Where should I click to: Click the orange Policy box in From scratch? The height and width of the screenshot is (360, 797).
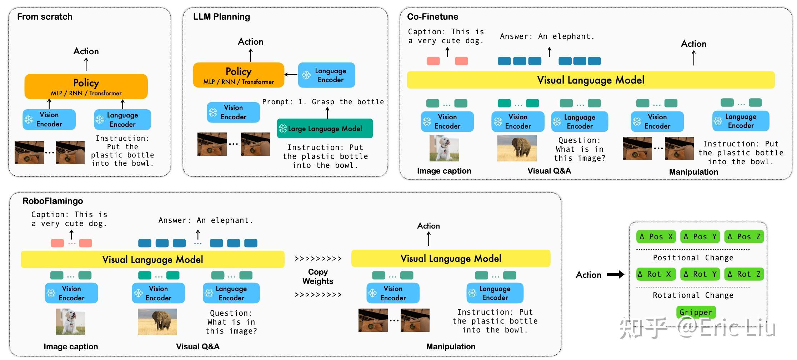tap(86, 86)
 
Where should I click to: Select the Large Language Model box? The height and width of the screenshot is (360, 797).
tap(325, 129)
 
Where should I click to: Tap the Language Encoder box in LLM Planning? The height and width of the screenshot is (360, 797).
tap(326, 75)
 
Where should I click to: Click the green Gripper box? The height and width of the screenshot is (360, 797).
tap(696, 312)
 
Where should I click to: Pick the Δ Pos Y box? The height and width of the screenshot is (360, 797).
tap(700, 236)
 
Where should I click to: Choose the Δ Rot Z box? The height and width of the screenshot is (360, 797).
tap(744, 274)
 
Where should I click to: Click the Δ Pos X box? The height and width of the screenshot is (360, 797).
tap(656, 236)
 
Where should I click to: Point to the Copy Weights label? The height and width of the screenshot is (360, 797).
tap(318, 276)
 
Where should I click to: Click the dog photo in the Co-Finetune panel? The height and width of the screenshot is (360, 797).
tap(444, 148)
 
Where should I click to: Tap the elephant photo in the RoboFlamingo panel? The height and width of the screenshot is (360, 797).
tap(157, 322)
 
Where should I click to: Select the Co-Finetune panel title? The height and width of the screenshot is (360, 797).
tap(432, 17)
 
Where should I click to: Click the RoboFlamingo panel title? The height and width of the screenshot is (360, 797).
tap(52, 201)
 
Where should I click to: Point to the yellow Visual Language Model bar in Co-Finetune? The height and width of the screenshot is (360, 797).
tap(591, 80)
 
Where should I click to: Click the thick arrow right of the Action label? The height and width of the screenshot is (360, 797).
tap(616, 275)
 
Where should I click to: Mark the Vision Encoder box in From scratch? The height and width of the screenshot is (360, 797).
tap(49, 120)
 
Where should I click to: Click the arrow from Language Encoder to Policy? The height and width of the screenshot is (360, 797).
tap(291, 75)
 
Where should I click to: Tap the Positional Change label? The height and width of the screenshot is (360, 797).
tap(693, 258)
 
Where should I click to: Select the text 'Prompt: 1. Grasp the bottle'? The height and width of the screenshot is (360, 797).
tap(323, 102)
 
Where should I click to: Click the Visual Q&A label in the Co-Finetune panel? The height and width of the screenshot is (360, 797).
tap(549, 171)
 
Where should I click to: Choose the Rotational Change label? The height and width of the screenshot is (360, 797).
tap(693, 295)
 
